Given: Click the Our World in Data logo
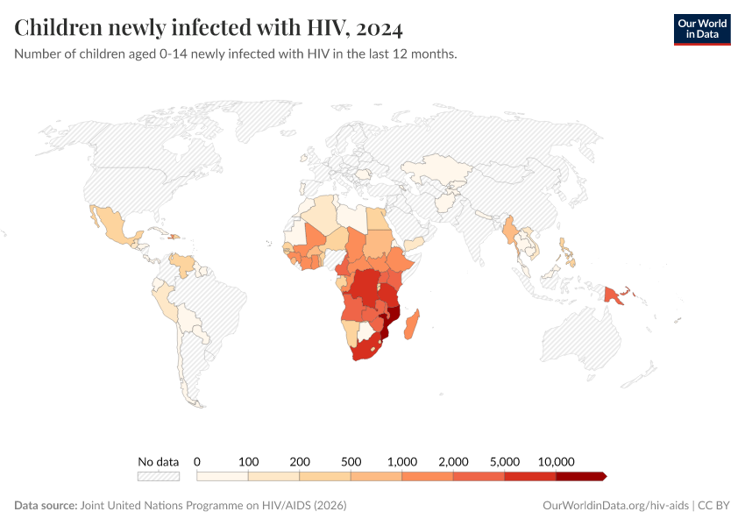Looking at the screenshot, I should (701, 29).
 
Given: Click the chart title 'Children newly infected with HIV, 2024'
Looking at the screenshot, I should (209, 29).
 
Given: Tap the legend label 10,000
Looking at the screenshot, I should (556, 461).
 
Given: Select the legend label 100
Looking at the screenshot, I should (249, 461).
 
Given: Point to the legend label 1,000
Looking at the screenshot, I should (402, 461).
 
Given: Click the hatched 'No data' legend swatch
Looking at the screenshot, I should (158, 476).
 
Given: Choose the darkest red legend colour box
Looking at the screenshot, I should (580, 476).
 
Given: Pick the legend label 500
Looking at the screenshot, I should (351, 461).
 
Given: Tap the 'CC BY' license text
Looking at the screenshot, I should (715, 506).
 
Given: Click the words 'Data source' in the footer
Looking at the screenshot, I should (45, 506).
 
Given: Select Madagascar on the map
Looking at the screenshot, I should (413, 318).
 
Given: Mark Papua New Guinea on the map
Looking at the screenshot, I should (615, 296).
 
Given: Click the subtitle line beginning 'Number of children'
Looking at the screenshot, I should (236, 54).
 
